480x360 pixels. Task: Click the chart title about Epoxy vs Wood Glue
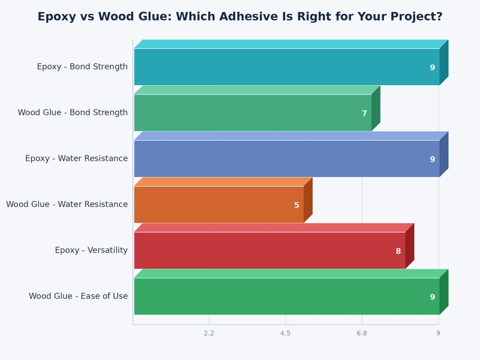click(240, 17)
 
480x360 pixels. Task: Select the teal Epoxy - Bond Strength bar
click(287, 67)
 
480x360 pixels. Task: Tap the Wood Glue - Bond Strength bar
click(253, 113)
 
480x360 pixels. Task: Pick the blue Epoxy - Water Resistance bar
click(287, 158)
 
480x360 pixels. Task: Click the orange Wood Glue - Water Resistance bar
click(219, 205)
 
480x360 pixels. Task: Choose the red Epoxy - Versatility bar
click(270, 250)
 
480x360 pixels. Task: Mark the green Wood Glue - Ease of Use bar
click(287, 296)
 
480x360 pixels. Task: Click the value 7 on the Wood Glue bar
click(364, 113)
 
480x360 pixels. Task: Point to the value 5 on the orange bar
click(296, 205)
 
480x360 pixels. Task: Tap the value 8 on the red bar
click(398, 251)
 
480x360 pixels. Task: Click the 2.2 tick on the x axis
click(209, 333)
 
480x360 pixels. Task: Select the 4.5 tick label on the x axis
click(285, 333)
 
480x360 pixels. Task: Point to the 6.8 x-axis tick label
click(361, 333)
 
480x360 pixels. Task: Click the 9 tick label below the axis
click(438, 333)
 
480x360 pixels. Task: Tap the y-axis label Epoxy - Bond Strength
click(82, 67)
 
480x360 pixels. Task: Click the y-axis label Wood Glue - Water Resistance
click(67, 205)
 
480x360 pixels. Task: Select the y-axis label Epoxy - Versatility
click(91, 250)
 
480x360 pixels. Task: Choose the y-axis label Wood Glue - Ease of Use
click(78, 296)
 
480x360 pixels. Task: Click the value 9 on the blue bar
click(432, 160)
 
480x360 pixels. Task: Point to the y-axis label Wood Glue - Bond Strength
click(73, 113)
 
